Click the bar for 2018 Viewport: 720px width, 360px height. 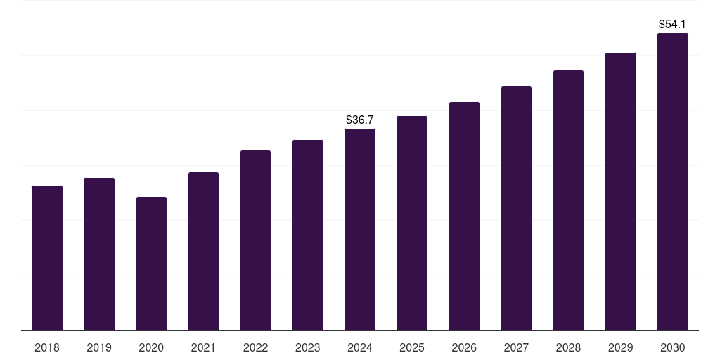[x=47, y=258]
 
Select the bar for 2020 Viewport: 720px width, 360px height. [x=151, y=264]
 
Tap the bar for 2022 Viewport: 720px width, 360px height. [x=255, y=240]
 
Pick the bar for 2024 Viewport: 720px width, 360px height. [x=360, y=229]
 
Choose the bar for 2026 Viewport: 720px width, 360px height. [x=464, y=216]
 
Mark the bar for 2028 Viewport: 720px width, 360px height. [x=568, y=200]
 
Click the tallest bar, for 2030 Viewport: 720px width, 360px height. [x=672, y=181]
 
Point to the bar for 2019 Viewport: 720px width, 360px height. [x=99, y=254]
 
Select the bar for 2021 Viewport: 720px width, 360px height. [x=203, y=251]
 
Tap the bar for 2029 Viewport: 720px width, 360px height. [x=620, y=191]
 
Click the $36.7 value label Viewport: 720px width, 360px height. [x=360, y=120]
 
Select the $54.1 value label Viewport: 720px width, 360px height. [x=672, y=25]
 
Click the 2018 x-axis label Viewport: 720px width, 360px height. [x=47, y=347]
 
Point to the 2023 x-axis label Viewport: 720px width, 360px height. [x=307, y=347]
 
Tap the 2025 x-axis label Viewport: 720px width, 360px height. [x=412, y=347]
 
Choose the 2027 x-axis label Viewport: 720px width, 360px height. [x=516, y=347]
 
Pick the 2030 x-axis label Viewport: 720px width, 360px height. [x=672, y=347]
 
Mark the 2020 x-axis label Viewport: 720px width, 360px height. [x=151, y=347]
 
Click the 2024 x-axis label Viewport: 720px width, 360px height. [x=360, y=347]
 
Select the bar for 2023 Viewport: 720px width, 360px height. [x=307, y=235]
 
